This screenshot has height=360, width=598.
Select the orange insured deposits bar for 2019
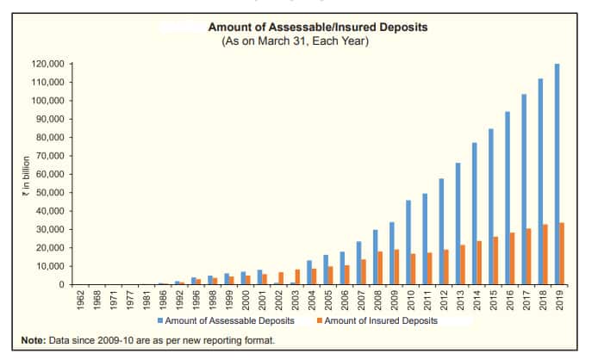(563, 253)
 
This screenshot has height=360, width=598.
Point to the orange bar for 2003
(298, 276)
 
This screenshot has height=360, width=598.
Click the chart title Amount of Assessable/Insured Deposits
(317, 28)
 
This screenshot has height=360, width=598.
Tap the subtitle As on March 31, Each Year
(317, 40)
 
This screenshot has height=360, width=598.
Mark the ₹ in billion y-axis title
(27, 177)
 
